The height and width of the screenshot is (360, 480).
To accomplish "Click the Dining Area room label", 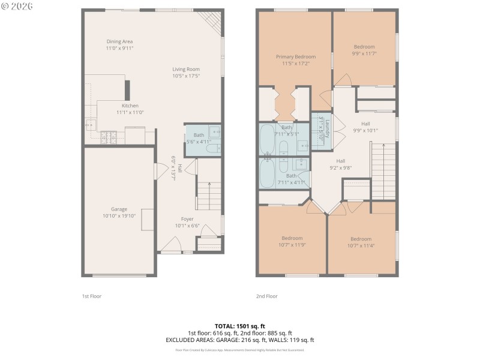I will pos(119,41).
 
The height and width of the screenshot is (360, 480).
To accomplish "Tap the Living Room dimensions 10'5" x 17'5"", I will pos(186,76).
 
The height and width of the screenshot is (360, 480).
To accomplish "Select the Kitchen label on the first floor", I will pos(130,106).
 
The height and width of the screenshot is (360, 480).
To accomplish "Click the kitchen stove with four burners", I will pos(109,137).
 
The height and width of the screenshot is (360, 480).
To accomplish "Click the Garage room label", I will pos(119,209).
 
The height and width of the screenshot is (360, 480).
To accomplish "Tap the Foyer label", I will pos(187,219).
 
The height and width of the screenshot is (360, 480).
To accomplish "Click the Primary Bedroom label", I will pos(295,56).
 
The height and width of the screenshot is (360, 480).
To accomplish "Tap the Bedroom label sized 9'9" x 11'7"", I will pos(364,47).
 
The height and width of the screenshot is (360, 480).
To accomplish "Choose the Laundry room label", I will pos(321,128).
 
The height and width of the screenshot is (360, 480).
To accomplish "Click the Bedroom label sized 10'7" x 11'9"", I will pos(292,238).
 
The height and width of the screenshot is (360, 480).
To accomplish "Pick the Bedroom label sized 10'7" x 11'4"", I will pos(361,238).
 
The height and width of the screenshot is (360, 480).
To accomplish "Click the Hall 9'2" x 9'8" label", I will pos(340,161).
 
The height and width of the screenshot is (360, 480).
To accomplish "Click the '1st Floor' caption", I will pos(92,296).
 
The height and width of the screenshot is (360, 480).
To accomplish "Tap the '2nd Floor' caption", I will pos(267,296).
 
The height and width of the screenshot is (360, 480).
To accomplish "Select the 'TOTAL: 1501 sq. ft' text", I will pos(240,326).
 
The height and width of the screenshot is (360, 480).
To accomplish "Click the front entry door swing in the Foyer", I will pos(172,244).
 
